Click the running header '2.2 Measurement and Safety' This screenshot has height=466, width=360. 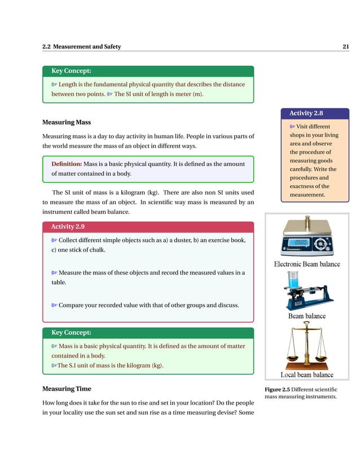pos(81,47)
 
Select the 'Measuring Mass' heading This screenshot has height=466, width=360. pos(67,122)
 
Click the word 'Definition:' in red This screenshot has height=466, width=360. pos(67,164)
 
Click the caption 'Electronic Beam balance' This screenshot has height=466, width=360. pos(307,264)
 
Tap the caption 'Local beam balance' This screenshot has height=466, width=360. pos(307,375)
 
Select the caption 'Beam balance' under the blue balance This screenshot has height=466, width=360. pos(307,316)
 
